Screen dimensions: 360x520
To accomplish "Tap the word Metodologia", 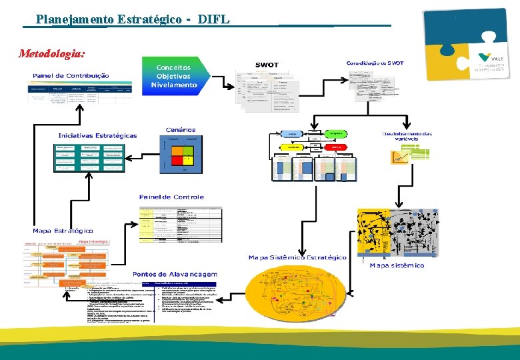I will (x=52, y=53).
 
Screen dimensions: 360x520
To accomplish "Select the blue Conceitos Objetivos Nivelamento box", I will (x=174, y=76).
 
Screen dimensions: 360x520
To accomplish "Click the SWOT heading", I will (x=267, y=65).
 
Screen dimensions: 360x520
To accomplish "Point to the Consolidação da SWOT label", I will (x=375, y=63).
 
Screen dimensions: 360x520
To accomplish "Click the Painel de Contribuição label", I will (x=71, y=75).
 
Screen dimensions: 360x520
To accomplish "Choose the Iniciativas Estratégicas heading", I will (x=97, y=135).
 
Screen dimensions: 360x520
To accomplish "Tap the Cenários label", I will (x=181, y=129).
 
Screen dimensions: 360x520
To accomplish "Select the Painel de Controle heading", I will (x=171, y=197).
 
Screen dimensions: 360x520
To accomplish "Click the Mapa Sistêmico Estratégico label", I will (x=297, y=257).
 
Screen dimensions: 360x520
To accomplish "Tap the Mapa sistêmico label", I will (x=397, y=265).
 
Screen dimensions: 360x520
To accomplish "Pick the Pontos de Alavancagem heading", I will (x=175, y=274).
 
